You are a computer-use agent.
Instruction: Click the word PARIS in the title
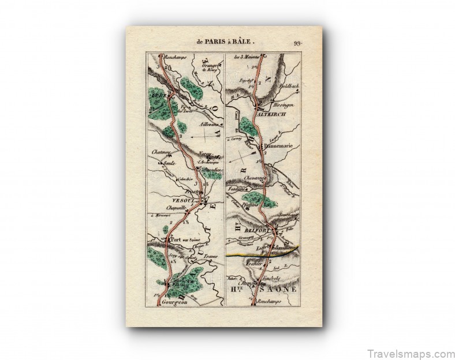(x=217, y=42)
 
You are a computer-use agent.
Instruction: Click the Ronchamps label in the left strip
(x=177, y=57)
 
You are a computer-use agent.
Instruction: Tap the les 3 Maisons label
(x=245, y=57)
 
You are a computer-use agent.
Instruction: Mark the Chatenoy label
(x=161, y=152)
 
